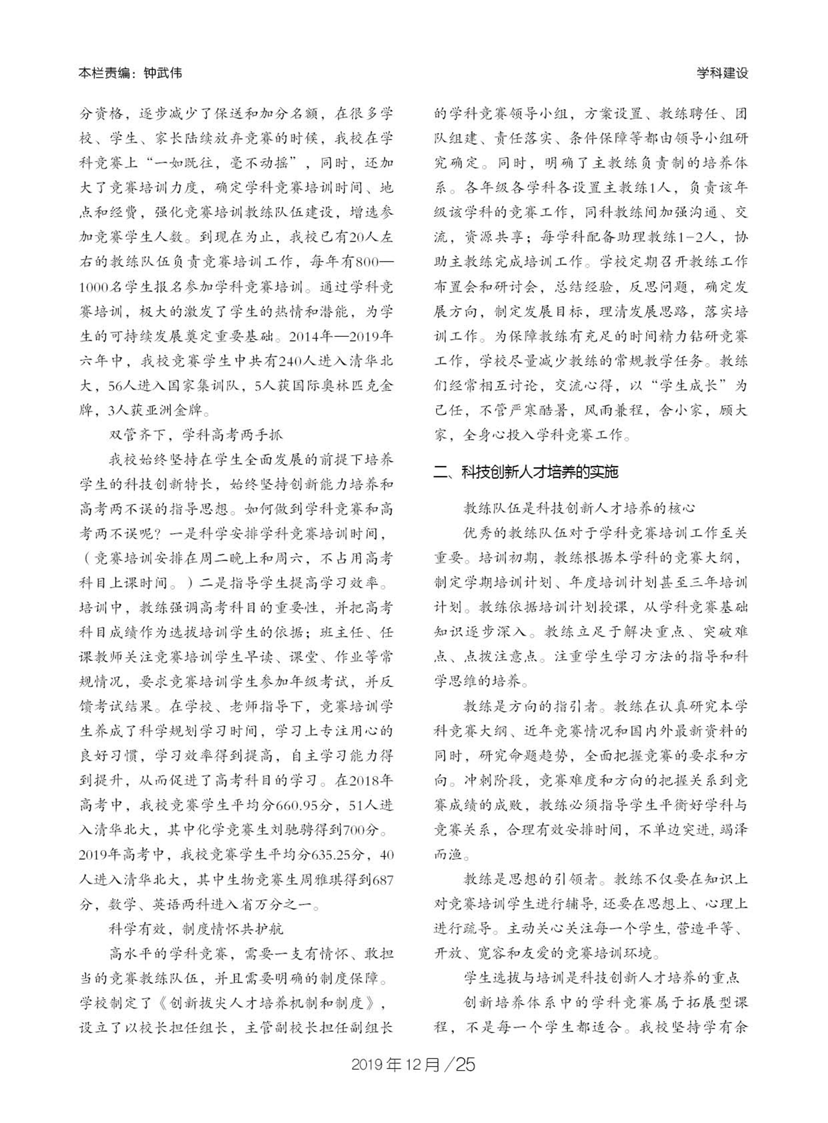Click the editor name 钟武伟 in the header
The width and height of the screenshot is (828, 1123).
pyautogui.click(x=162, y=74)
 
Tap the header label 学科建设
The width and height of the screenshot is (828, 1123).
pyautogui.click(x=722, y=74)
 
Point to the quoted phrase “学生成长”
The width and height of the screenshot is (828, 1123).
pyautogui.click(x=686, y=386)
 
